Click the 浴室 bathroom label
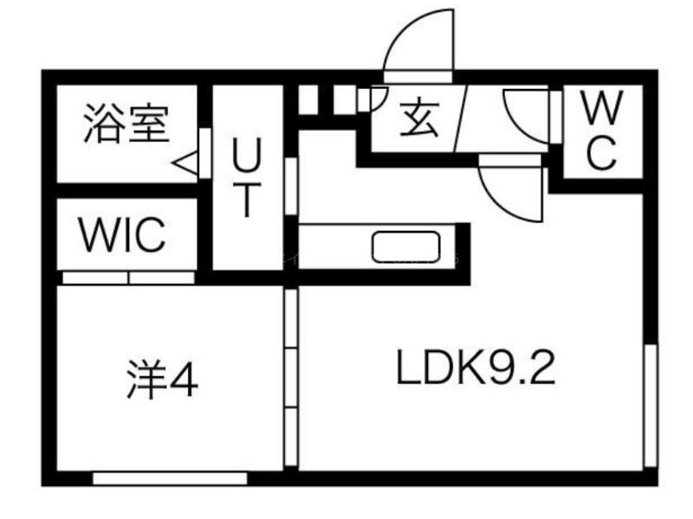tap(126, 123)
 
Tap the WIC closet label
tap(121, 234)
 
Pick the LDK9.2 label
tap(475, 370)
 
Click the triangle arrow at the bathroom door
tap(184, 161)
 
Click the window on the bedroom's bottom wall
tap(170, 477)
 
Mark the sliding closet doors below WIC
tap(129, 278)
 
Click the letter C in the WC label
tap(601, 154)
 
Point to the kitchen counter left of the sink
tap(334, 247)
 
